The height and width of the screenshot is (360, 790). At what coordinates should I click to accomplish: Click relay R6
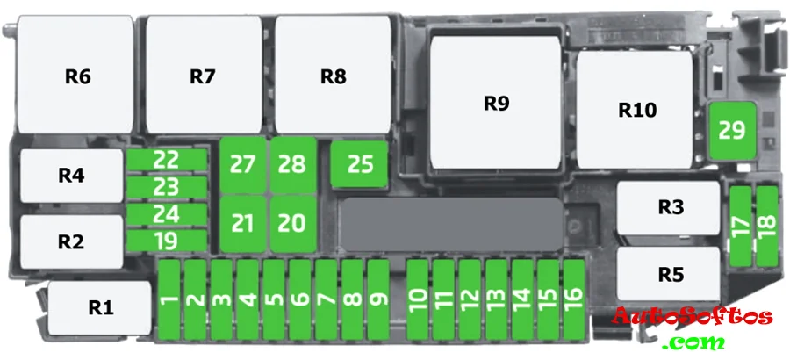[77, 77]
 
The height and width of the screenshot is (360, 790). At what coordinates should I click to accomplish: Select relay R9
[496, 104]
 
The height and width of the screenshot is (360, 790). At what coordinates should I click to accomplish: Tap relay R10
[637, 111]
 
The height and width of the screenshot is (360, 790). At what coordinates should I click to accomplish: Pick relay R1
[100, 307]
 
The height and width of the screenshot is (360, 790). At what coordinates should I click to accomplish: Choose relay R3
[670, 207]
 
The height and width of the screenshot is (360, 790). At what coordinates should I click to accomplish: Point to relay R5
[670, 274]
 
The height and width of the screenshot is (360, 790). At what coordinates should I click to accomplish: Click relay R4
[71, 176]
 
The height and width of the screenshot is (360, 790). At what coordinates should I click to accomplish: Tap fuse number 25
[360, 164]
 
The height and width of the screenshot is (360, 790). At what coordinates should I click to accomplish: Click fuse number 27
[242, 164]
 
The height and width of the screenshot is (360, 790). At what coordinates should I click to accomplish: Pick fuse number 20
[291, 223]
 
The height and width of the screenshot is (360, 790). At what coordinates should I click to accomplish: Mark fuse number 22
[167, 160]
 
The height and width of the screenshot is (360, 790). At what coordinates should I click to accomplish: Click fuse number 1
[169, 300]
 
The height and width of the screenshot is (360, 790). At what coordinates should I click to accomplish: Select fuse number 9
[378, 300]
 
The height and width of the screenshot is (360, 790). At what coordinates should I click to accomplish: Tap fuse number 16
[573, 300]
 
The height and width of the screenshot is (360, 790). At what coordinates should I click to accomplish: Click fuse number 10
[418, 300]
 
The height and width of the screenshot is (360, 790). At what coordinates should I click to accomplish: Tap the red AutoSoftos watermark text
[692, 317]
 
